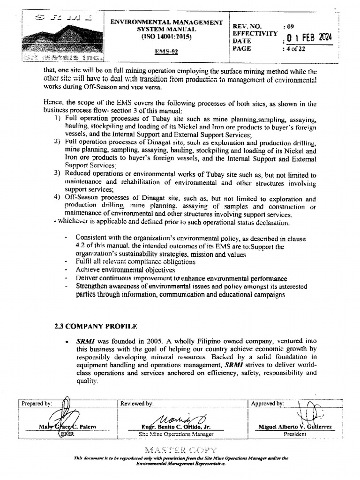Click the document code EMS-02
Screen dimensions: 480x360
pyautogui.click(x=166, y=52)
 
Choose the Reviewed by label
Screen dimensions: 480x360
pyautogui.click(x=136, y=404)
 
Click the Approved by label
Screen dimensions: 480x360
pyautogui.click(x=267, y=404)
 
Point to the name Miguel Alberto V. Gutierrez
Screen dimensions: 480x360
pyautogui.click(x=295, y=427)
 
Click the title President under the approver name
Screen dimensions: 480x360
pyautogui.click(x=295, y=434)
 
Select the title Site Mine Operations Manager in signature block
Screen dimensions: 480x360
pyautogui.click(x=176, y=434)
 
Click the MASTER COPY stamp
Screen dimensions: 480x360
pyautogui.click(x=180, y=450)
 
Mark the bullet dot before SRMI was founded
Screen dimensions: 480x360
pyautogui.click(x=68, y=342)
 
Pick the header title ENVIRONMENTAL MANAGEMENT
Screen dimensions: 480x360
pyautogui.click(x=166, y=22)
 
